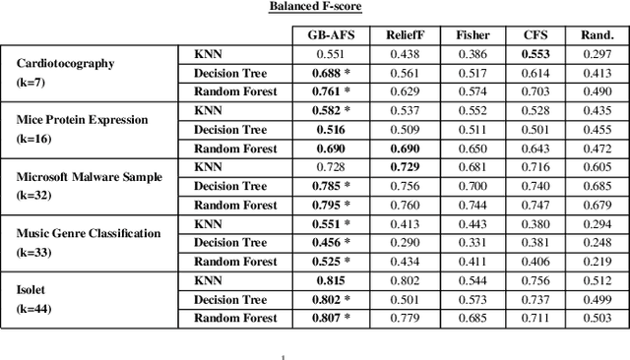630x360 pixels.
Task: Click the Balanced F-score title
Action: coord(314,8)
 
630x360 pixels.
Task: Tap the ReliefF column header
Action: coord(405,35)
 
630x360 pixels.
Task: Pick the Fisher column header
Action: coord(472,35)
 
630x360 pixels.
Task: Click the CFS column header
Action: coord(535,35)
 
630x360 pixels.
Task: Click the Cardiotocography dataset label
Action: coord(66,63)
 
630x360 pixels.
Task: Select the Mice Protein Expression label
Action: coord(82,119)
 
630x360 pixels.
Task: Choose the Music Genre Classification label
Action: coord(89,232)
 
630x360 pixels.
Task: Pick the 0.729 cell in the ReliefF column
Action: coord(405,167)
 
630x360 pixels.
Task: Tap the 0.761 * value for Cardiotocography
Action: coord(330,91)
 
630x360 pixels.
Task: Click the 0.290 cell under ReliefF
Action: coord(405,243)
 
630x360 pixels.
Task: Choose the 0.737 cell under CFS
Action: coord(535,299)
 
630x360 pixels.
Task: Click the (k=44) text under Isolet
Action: coord(35,308)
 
